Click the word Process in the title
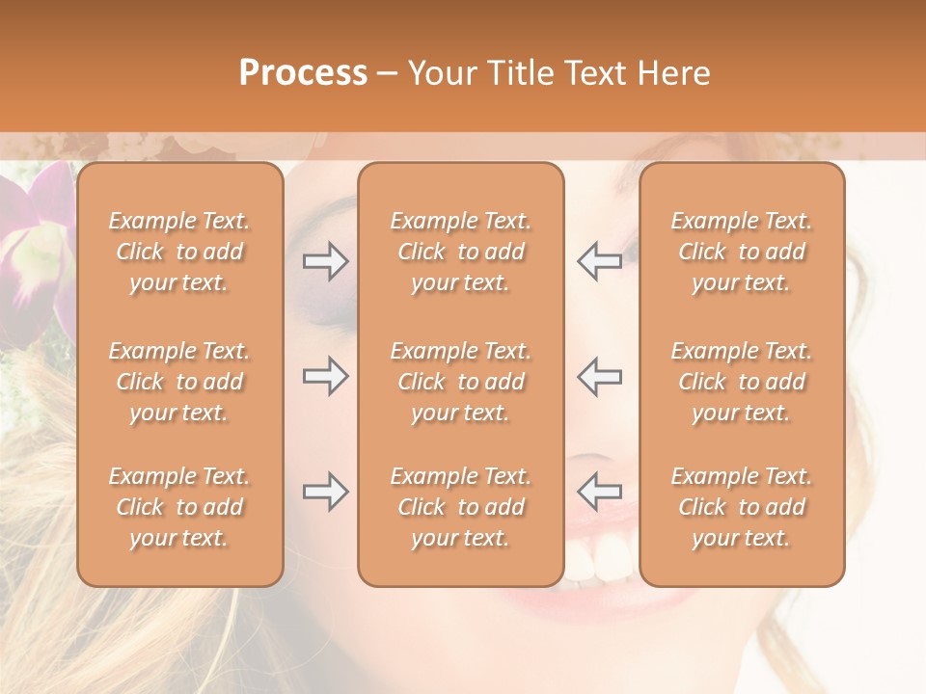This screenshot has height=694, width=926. point(303,73)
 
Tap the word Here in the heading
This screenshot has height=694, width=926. point(674,73)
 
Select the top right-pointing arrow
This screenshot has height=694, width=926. point(326,261)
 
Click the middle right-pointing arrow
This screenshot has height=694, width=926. point(326,376)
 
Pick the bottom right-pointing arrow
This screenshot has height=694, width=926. point(326,492)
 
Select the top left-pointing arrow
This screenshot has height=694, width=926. point(600,261)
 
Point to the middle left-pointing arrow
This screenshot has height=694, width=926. point(600,376)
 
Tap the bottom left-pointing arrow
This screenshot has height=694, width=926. point(600,492)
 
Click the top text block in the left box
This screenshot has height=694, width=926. point(179,252)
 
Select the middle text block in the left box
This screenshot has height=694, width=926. point(179,382)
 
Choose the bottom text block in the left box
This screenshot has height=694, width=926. point(179,507)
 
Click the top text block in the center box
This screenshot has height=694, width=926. point(461,252)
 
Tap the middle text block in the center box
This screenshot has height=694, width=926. point(461,382)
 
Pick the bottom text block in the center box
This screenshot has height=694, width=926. point(461,507)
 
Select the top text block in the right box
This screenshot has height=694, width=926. point(742,252)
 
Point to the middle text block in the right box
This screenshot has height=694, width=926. point(742,382)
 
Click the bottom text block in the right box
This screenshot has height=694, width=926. point(742,507)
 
